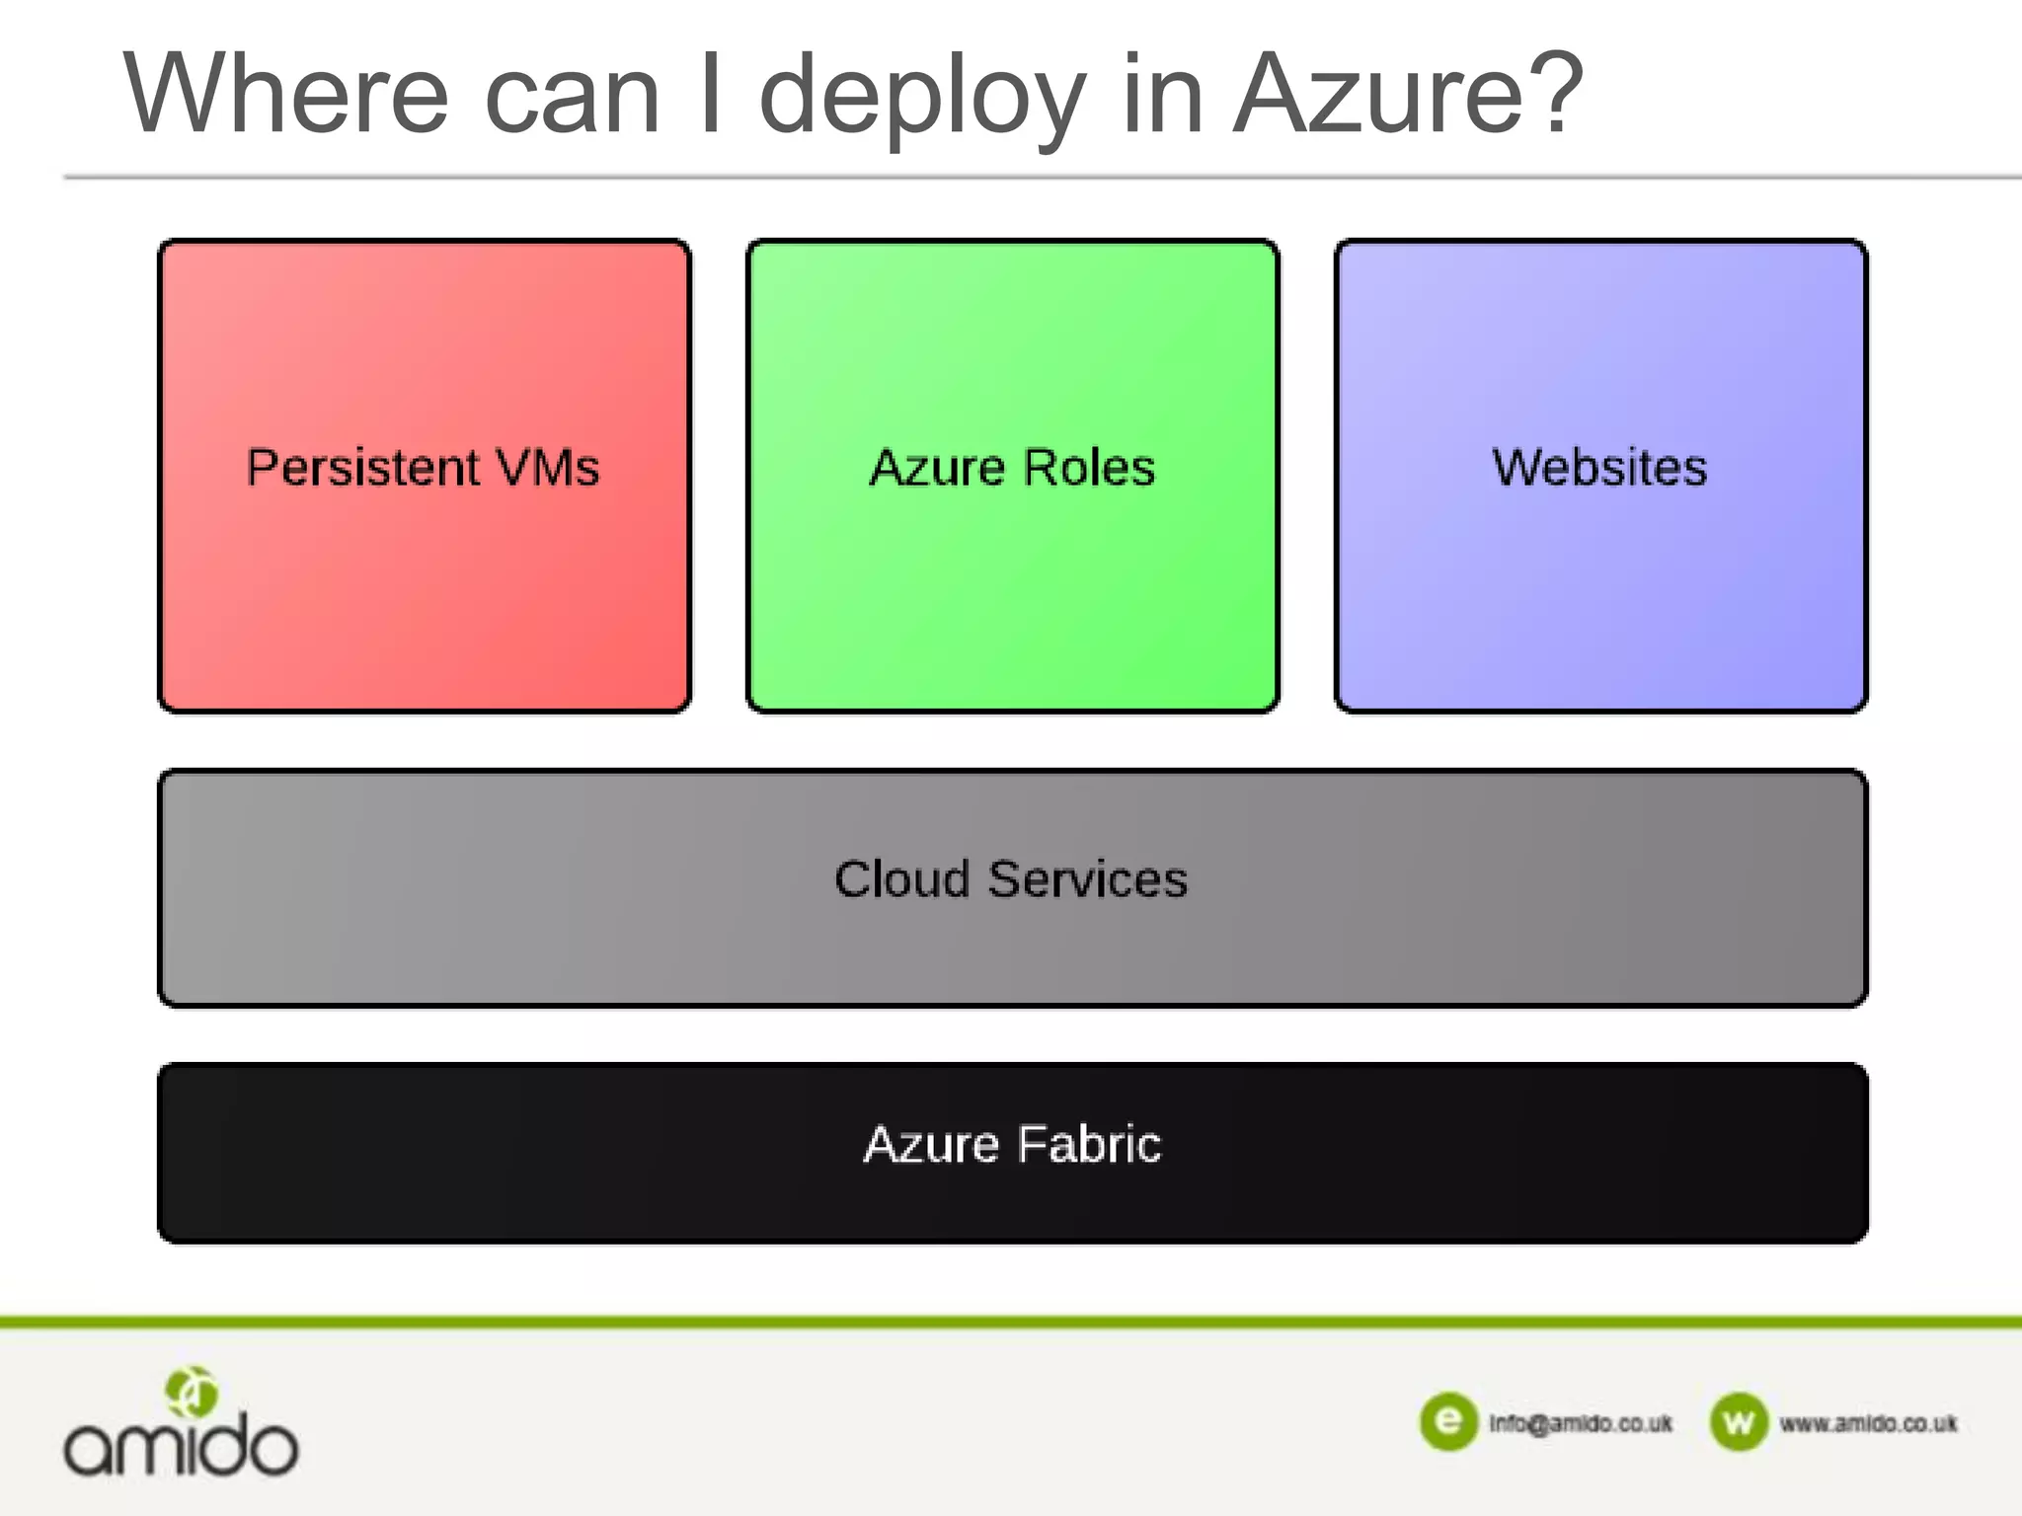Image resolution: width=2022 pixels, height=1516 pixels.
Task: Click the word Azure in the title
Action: (1383, 95)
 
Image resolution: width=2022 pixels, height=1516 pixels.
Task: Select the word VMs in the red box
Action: (548, 468)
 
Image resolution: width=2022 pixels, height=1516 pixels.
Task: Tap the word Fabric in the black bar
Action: (1089, 1145)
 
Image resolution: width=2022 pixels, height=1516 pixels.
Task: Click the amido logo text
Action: (181, 1446)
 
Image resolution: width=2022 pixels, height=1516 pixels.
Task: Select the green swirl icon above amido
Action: (192, 1392)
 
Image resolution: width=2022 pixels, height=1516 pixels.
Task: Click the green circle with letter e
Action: (1448, 1421)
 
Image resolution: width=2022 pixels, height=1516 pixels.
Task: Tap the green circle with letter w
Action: (1739, 1422)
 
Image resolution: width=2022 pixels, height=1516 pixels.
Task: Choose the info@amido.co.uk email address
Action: (1581, 1423)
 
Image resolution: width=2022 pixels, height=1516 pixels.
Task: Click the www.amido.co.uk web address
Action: (1868, 1423)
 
